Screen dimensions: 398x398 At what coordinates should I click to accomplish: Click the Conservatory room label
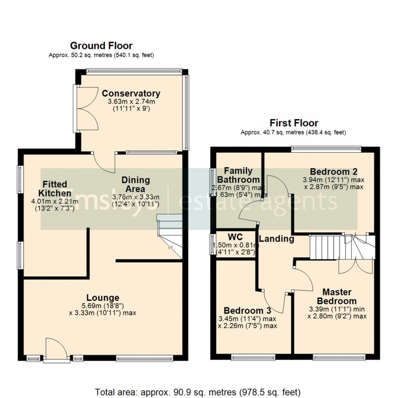click(x=131, y=94)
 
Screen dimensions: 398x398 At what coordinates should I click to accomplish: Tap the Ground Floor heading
click(x=101, y=46)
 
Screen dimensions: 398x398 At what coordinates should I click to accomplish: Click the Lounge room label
click(x=103, y=298)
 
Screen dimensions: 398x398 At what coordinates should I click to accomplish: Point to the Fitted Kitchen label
click(x=55, y=188)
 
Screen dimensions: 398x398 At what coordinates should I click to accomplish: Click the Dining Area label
click(x=135, y=184)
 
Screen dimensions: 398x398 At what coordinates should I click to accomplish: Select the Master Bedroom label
click(x=336, y=297)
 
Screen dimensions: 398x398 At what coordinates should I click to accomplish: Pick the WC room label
click(x=235, y=237)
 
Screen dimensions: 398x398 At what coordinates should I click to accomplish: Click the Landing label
click(x=276, y=239)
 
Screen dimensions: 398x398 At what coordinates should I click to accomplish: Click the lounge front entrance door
click(x=56, y=348)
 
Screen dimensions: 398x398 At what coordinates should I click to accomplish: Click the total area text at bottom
click(x=198, y=392)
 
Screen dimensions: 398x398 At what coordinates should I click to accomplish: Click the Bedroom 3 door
click(x=275, y=302)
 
